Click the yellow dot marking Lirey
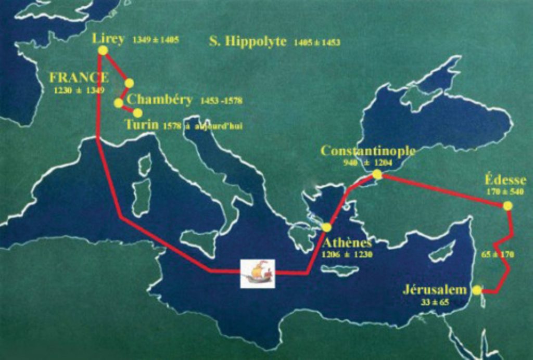pos(103,50)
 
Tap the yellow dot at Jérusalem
pos(477,290)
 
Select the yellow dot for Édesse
pos(508,205)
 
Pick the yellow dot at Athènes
pos(327,227)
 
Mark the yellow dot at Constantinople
pos(377,175)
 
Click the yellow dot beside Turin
pos(137,112)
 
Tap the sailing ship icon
pos(257,273)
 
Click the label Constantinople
pos(368,151)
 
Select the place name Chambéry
pos(159,100)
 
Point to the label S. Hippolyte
pos(248,41)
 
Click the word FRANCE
pos(79,78)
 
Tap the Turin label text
pos(142,125)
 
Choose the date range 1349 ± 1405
pos(156,40)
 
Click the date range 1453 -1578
pos(221,100)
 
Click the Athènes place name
pos(347,243)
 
